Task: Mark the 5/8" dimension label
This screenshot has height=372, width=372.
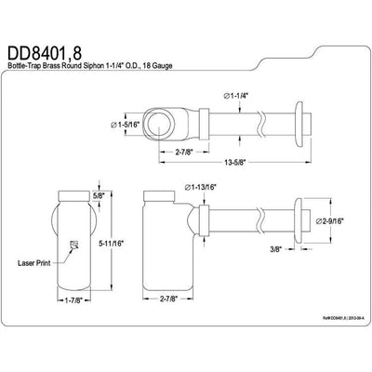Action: click(x=100, y=196)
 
